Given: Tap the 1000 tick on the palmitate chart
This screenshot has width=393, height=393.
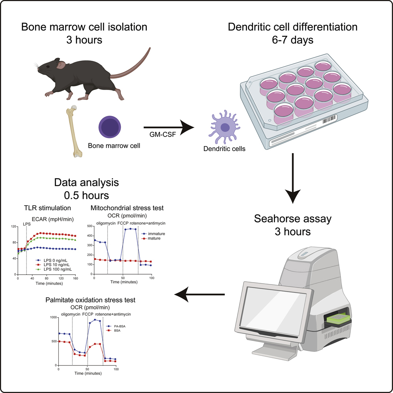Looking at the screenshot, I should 52,317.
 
